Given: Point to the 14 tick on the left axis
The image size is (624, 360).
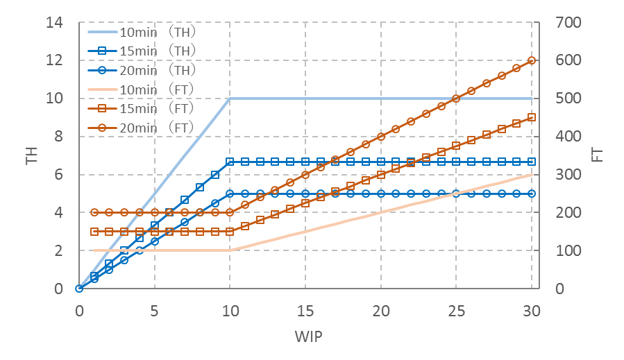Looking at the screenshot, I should click(x=53, y=22).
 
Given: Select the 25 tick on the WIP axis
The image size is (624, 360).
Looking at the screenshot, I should click(x=456, y=307).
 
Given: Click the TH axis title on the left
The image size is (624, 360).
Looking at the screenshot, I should click(x=31, y=155).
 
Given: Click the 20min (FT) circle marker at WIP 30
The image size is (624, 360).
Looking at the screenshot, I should click(x=532, y=60).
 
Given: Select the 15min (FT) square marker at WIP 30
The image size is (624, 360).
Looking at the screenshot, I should click(x=532, y=117).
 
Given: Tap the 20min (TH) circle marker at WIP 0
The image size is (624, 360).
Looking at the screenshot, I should click(x=79, y=289).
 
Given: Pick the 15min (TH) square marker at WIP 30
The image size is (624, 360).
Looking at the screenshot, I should click(x=532, y=162).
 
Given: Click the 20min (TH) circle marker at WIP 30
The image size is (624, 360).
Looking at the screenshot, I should click(x=532, y=194).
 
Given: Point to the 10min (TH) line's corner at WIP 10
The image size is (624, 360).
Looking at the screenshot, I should click(x=230, y=98).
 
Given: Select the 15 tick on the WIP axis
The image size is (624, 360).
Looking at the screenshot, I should click(x=305, y=307).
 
